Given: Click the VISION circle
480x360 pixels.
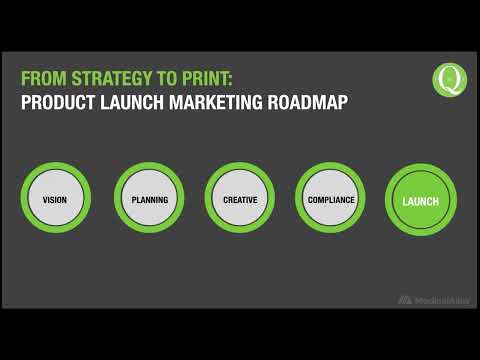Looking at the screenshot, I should point(55,200).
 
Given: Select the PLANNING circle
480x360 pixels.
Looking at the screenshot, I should point(150,200).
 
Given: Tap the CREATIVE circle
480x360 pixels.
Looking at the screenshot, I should point(240,200).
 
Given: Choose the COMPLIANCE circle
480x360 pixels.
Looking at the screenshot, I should point(331,200).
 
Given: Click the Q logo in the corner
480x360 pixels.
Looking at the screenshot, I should point(449,79).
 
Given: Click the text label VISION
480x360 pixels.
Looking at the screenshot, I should point(55,200).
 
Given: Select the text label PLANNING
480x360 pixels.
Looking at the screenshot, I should point(150,200).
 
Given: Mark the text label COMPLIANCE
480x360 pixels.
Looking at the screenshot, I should point(331,200).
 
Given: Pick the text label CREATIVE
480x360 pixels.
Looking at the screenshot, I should point(240,200).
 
